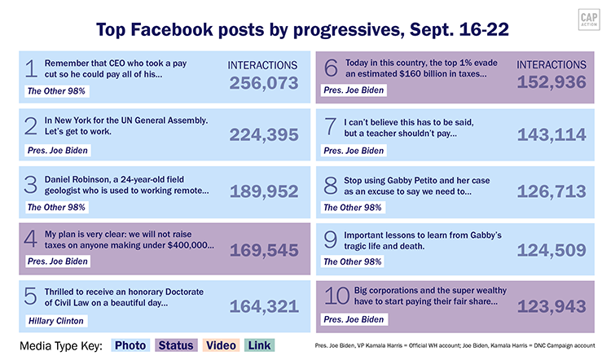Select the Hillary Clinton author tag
[55, 321]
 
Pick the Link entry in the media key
[259, 346]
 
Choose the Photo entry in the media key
[130, 346]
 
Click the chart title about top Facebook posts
[305, 31]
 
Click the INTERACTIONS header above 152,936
[552, 64]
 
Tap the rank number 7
[332, 128]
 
